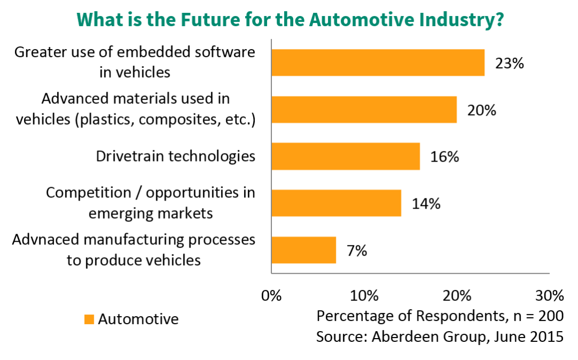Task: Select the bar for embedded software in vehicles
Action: click(378, 63)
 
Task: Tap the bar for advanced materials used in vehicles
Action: click(364, 110)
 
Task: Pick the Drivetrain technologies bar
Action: click(346, 156)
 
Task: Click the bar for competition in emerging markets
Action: click(336, 203)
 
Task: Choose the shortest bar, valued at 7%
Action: click(304, 250)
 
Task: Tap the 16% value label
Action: click(444, 157)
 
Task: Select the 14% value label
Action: click(425, 203)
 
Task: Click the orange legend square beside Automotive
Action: click(89, 320)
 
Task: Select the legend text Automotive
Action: click(138, 319)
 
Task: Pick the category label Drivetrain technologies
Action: click(176, 156)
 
